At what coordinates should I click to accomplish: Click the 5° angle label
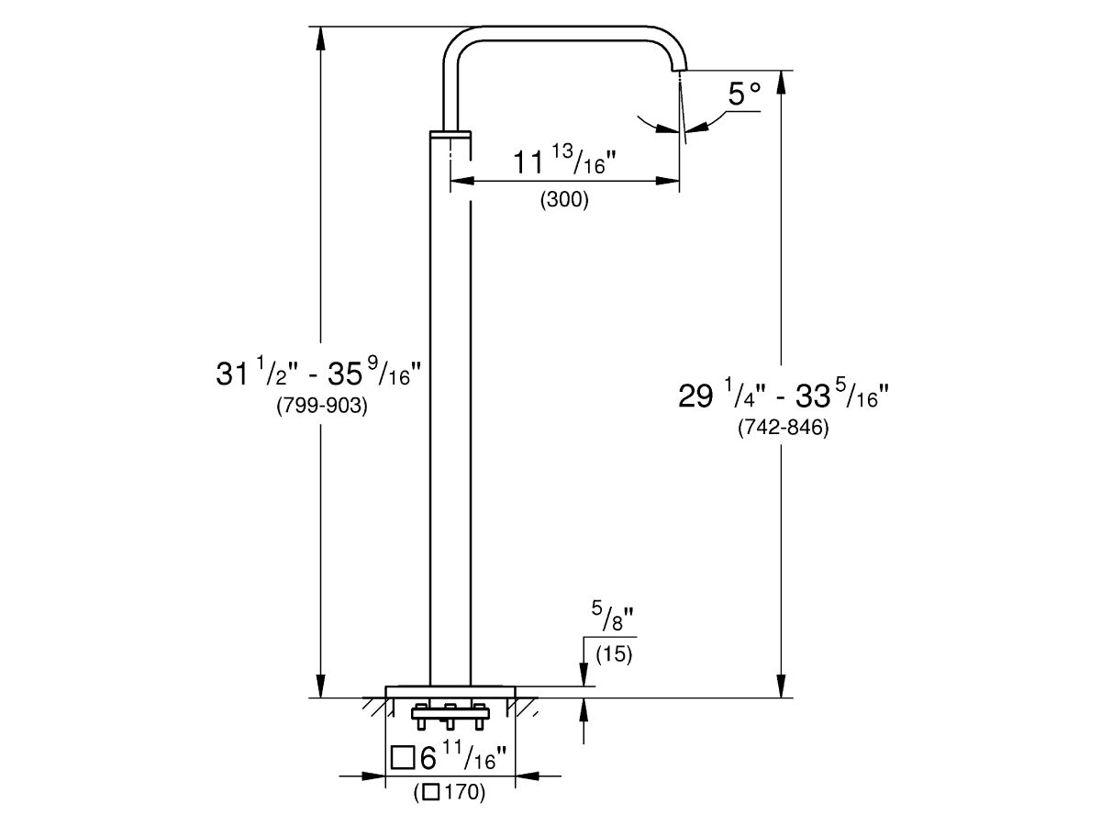[744, 94]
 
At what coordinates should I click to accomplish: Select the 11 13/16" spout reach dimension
[562, 163]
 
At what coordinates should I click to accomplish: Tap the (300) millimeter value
[563, 200]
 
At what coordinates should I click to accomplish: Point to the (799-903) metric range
[322, 407]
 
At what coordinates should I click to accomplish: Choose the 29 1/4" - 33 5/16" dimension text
[783, 395]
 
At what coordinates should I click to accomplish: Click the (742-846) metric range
[784, 428]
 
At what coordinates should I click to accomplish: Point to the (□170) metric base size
[449, 792]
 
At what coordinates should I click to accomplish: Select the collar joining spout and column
[450, 135]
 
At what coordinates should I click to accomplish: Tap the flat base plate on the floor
[450, 690]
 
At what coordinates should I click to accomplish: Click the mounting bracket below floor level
[450, 711]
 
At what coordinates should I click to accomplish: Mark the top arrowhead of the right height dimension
[781, 81]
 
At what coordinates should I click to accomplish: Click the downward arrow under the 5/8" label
[584, 675]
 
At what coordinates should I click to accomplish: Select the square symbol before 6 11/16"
[402, 758]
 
